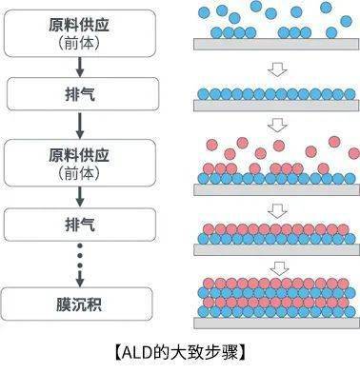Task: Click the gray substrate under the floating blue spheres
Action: (276, 44)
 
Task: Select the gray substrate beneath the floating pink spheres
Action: (276, 189)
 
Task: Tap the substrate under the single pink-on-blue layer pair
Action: (276, 249)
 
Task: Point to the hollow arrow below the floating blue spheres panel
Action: (277, 68)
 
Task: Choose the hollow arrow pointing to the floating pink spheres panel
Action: (277, 125)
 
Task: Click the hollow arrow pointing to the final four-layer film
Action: (277, 268)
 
